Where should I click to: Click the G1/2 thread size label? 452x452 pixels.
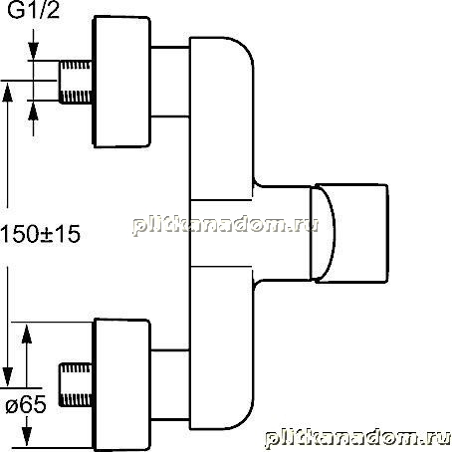coord(33,10)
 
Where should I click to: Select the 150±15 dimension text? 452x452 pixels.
coord(40,234)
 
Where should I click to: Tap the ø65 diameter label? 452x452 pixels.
coord(26,405)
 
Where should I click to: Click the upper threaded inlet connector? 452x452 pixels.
coord(76,82)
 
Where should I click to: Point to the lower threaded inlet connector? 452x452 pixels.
coord(76,385)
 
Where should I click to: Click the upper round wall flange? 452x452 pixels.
coord(121,82)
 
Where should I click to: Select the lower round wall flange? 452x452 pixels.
coord(121,385)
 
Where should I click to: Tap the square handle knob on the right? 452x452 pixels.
coord(351,233)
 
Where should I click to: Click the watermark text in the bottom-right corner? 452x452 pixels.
coord(357,438)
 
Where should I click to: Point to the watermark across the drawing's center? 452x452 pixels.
coord(226,226)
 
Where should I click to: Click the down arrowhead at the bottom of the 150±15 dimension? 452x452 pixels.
coord(7,377)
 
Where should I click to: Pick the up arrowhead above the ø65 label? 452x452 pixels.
coord(27,333)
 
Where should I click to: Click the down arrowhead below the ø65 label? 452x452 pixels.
coord(27,437)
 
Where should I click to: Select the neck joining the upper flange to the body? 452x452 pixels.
coord(170,82)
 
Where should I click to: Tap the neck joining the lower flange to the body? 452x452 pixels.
coord(170,385)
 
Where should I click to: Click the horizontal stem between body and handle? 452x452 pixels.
coord(282,233)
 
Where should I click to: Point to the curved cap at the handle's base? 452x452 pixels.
coord(324,233)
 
